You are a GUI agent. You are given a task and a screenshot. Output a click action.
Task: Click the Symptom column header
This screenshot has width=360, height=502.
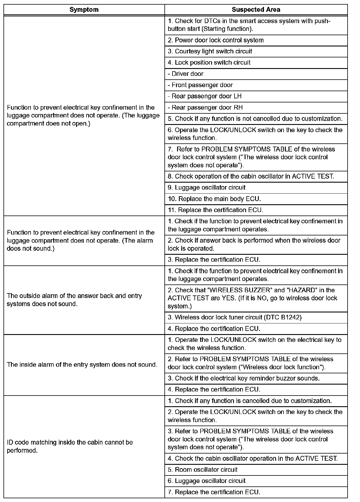pos(84,10)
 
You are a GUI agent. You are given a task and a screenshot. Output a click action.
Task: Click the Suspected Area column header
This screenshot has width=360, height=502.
pos(256,10)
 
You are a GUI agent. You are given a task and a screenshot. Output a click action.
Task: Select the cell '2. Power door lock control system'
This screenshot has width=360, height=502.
pos(216,40)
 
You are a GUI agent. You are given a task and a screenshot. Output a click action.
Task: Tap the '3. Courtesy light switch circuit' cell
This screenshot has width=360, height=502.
pos(210,51)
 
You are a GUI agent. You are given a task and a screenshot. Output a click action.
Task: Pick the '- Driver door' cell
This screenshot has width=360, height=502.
pos(186,74)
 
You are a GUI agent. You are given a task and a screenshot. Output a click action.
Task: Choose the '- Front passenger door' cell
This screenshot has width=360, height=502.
pos(200,85)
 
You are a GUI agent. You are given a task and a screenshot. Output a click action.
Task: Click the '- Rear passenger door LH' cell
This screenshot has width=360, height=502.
pos(205,96)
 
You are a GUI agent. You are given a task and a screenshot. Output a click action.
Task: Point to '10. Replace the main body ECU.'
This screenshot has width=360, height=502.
pos(214,199)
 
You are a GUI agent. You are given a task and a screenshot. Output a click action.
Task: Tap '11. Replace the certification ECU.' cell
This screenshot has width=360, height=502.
pos(215,210)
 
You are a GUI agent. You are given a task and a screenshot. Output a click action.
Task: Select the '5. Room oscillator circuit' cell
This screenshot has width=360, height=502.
pos(203,470)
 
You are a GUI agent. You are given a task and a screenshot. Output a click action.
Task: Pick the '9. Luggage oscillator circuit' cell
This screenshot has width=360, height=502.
pos(207,188)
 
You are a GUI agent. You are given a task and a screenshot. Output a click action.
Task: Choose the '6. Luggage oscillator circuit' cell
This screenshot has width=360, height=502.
pos(207,481)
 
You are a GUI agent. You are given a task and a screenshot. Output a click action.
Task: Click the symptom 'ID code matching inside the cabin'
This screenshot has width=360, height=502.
pos(70,446)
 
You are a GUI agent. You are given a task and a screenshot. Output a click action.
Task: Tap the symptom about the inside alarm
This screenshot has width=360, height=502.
pos(82,365)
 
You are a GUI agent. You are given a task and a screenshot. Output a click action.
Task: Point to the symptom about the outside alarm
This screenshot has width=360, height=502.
pos(74,300)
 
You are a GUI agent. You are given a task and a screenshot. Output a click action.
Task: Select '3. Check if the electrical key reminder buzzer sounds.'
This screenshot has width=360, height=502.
pos(244,378)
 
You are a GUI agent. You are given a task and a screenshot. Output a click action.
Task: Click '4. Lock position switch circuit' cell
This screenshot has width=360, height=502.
pos(209,63)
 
